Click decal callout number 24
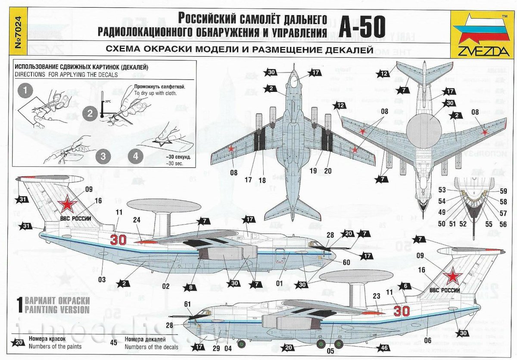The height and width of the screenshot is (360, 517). tap(137, 219)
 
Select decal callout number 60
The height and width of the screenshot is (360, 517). tap(334, 261)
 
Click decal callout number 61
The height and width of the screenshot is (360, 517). tap(187, 304)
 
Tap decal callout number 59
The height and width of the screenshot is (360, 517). tap(504, 191)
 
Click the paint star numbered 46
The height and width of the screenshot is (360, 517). tap(382, 347)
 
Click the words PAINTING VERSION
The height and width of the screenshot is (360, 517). tap(57, 310)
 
